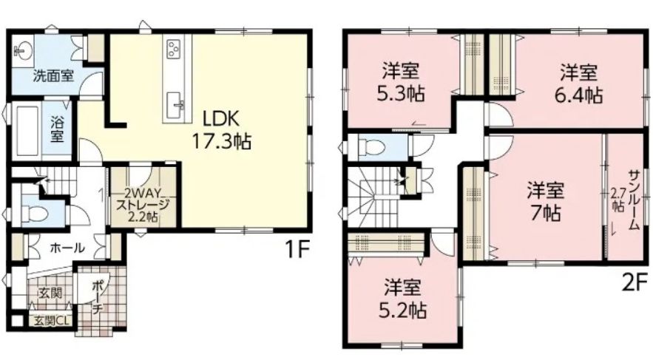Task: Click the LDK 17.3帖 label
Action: [x=220, y=130]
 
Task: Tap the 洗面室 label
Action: [x=53, y=76]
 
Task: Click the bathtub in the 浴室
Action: [x=25, y=130]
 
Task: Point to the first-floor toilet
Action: [x=35, y=214]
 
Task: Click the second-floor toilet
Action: [x=373, y=146]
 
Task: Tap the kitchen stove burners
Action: [x=173, y=49]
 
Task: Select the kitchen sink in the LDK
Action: [x=175, y=106]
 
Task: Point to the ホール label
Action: [x=67, y=248]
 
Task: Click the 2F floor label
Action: [x=635, y=282]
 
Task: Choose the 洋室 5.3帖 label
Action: [x=400, y=82]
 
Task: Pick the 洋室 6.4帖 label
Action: [x=578, y=84]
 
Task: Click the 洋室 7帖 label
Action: [x=546, y=201]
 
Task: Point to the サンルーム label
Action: [x=634, y=200]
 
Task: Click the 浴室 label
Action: [x=57, y=130]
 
